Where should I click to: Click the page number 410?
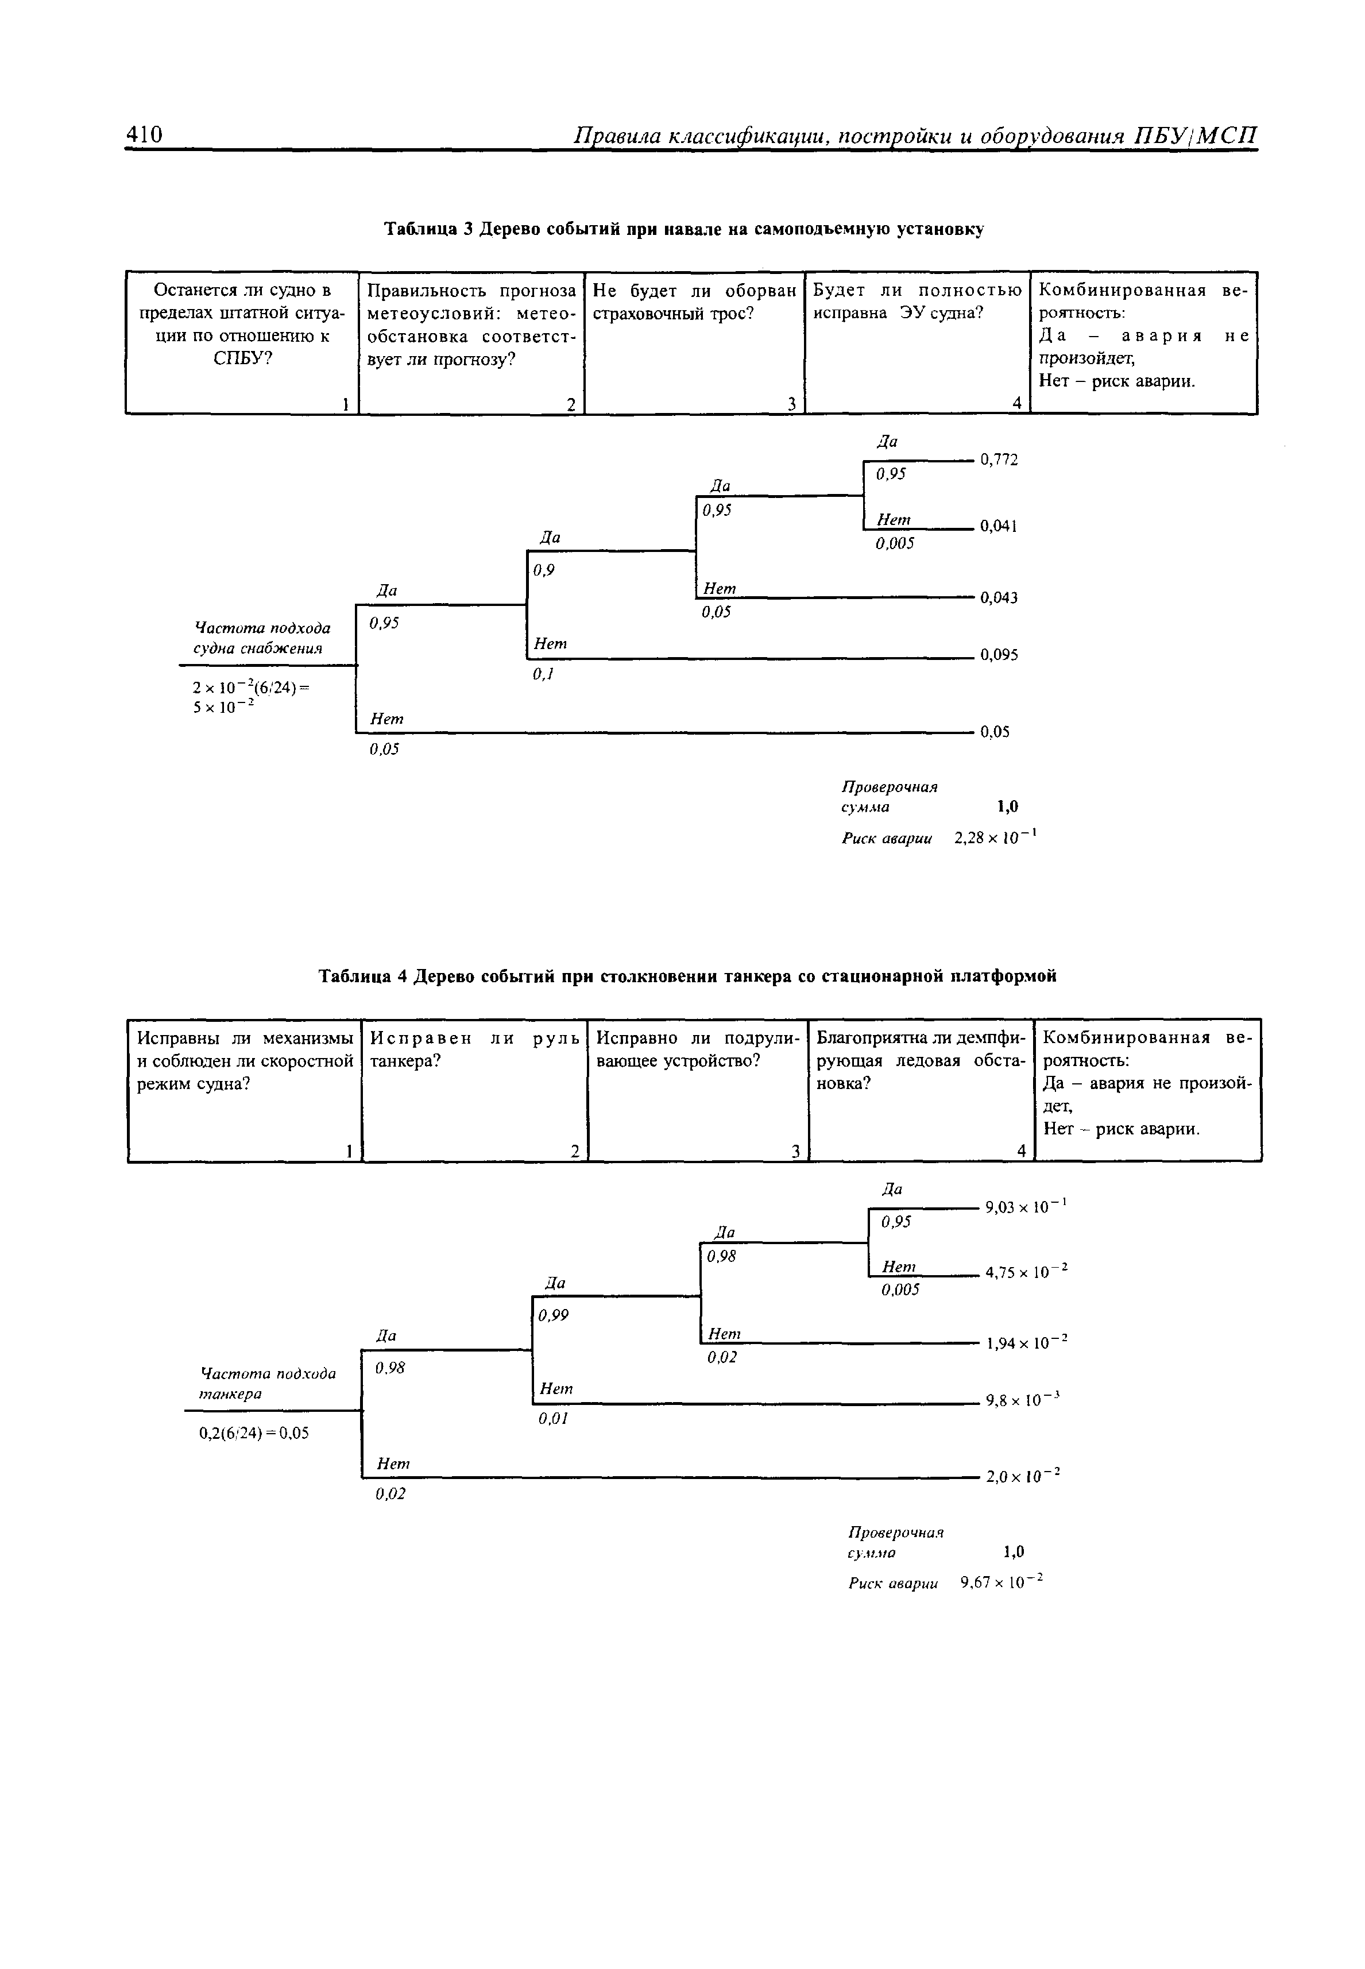coord(144,134)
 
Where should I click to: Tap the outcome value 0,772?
coord(999,460)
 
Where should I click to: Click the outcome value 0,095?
coord(999,655)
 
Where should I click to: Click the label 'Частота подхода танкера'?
coord(267,1383)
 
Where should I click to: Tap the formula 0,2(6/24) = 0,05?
coord(254,1433)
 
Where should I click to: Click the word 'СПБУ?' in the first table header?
coord(242,357)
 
